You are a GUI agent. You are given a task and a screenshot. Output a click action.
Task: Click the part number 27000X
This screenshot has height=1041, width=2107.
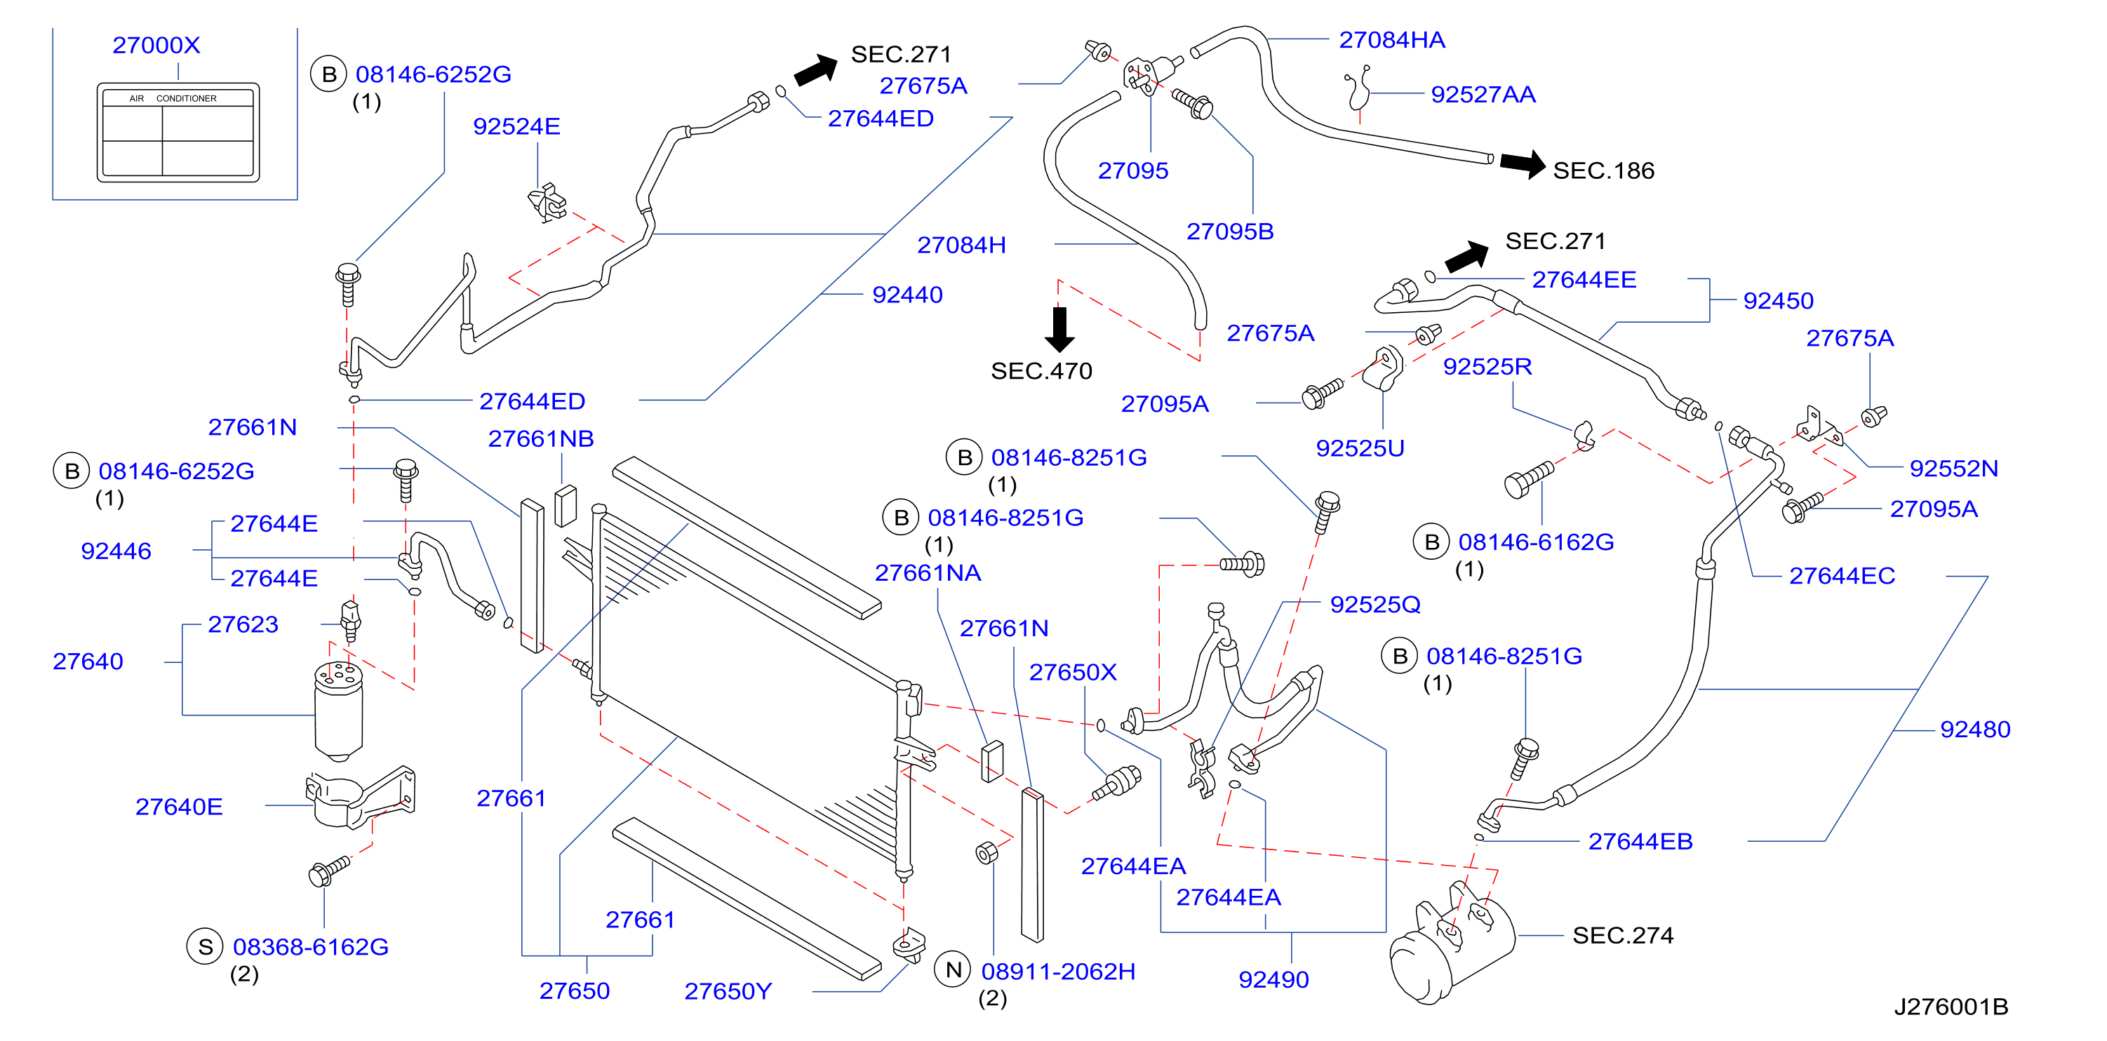156,45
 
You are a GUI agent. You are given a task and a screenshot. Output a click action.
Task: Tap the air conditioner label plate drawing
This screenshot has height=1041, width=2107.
178,132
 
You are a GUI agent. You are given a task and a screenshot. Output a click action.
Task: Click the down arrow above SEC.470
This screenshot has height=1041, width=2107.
1059,329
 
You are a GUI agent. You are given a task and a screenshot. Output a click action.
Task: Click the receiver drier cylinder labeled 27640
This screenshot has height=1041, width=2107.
339,710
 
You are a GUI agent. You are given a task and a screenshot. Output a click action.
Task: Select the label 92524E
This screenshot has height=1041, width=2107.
517,127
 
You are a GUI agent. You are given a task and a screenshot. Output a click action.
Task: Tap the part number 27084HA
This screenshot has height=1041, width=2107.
1392,40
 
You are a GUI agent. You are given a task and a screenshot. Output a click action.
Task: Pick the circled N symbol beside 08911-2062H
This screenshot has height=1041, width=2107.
953,970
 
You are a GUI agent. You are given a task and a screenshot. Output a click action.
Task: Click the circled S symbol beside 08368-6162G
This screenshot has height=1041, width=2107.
206,947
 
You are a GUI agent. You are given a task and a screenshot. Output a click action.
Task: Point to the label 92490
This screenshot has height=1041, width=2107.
1273,980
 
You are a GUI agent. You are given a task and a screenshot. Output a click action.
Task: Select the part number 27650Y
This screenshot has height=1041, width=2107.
728,991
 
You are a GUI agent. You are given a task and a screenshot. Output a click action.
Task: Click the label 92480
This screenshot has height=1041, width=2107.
1975,730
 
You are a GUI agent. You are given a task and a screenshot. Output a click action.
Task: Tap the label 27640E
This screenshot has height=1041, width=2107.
179,807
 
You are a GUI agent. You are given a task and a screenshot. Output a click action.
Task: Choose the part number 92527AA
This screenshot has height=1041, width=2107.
1484,95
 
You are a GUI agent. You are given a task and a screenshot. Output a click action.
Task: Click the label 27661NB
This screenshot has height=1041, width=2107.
542,439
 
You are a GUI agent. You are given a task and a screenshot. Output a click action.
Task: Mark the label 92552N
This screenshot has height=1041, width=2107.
1954,469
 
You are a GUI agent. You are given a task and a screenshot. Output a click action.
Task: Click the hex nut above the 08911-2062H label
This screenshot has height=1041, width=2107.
987,852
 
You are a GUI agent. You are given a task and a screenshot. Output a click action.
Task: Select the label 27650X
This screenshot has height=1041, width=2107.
1073,672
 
